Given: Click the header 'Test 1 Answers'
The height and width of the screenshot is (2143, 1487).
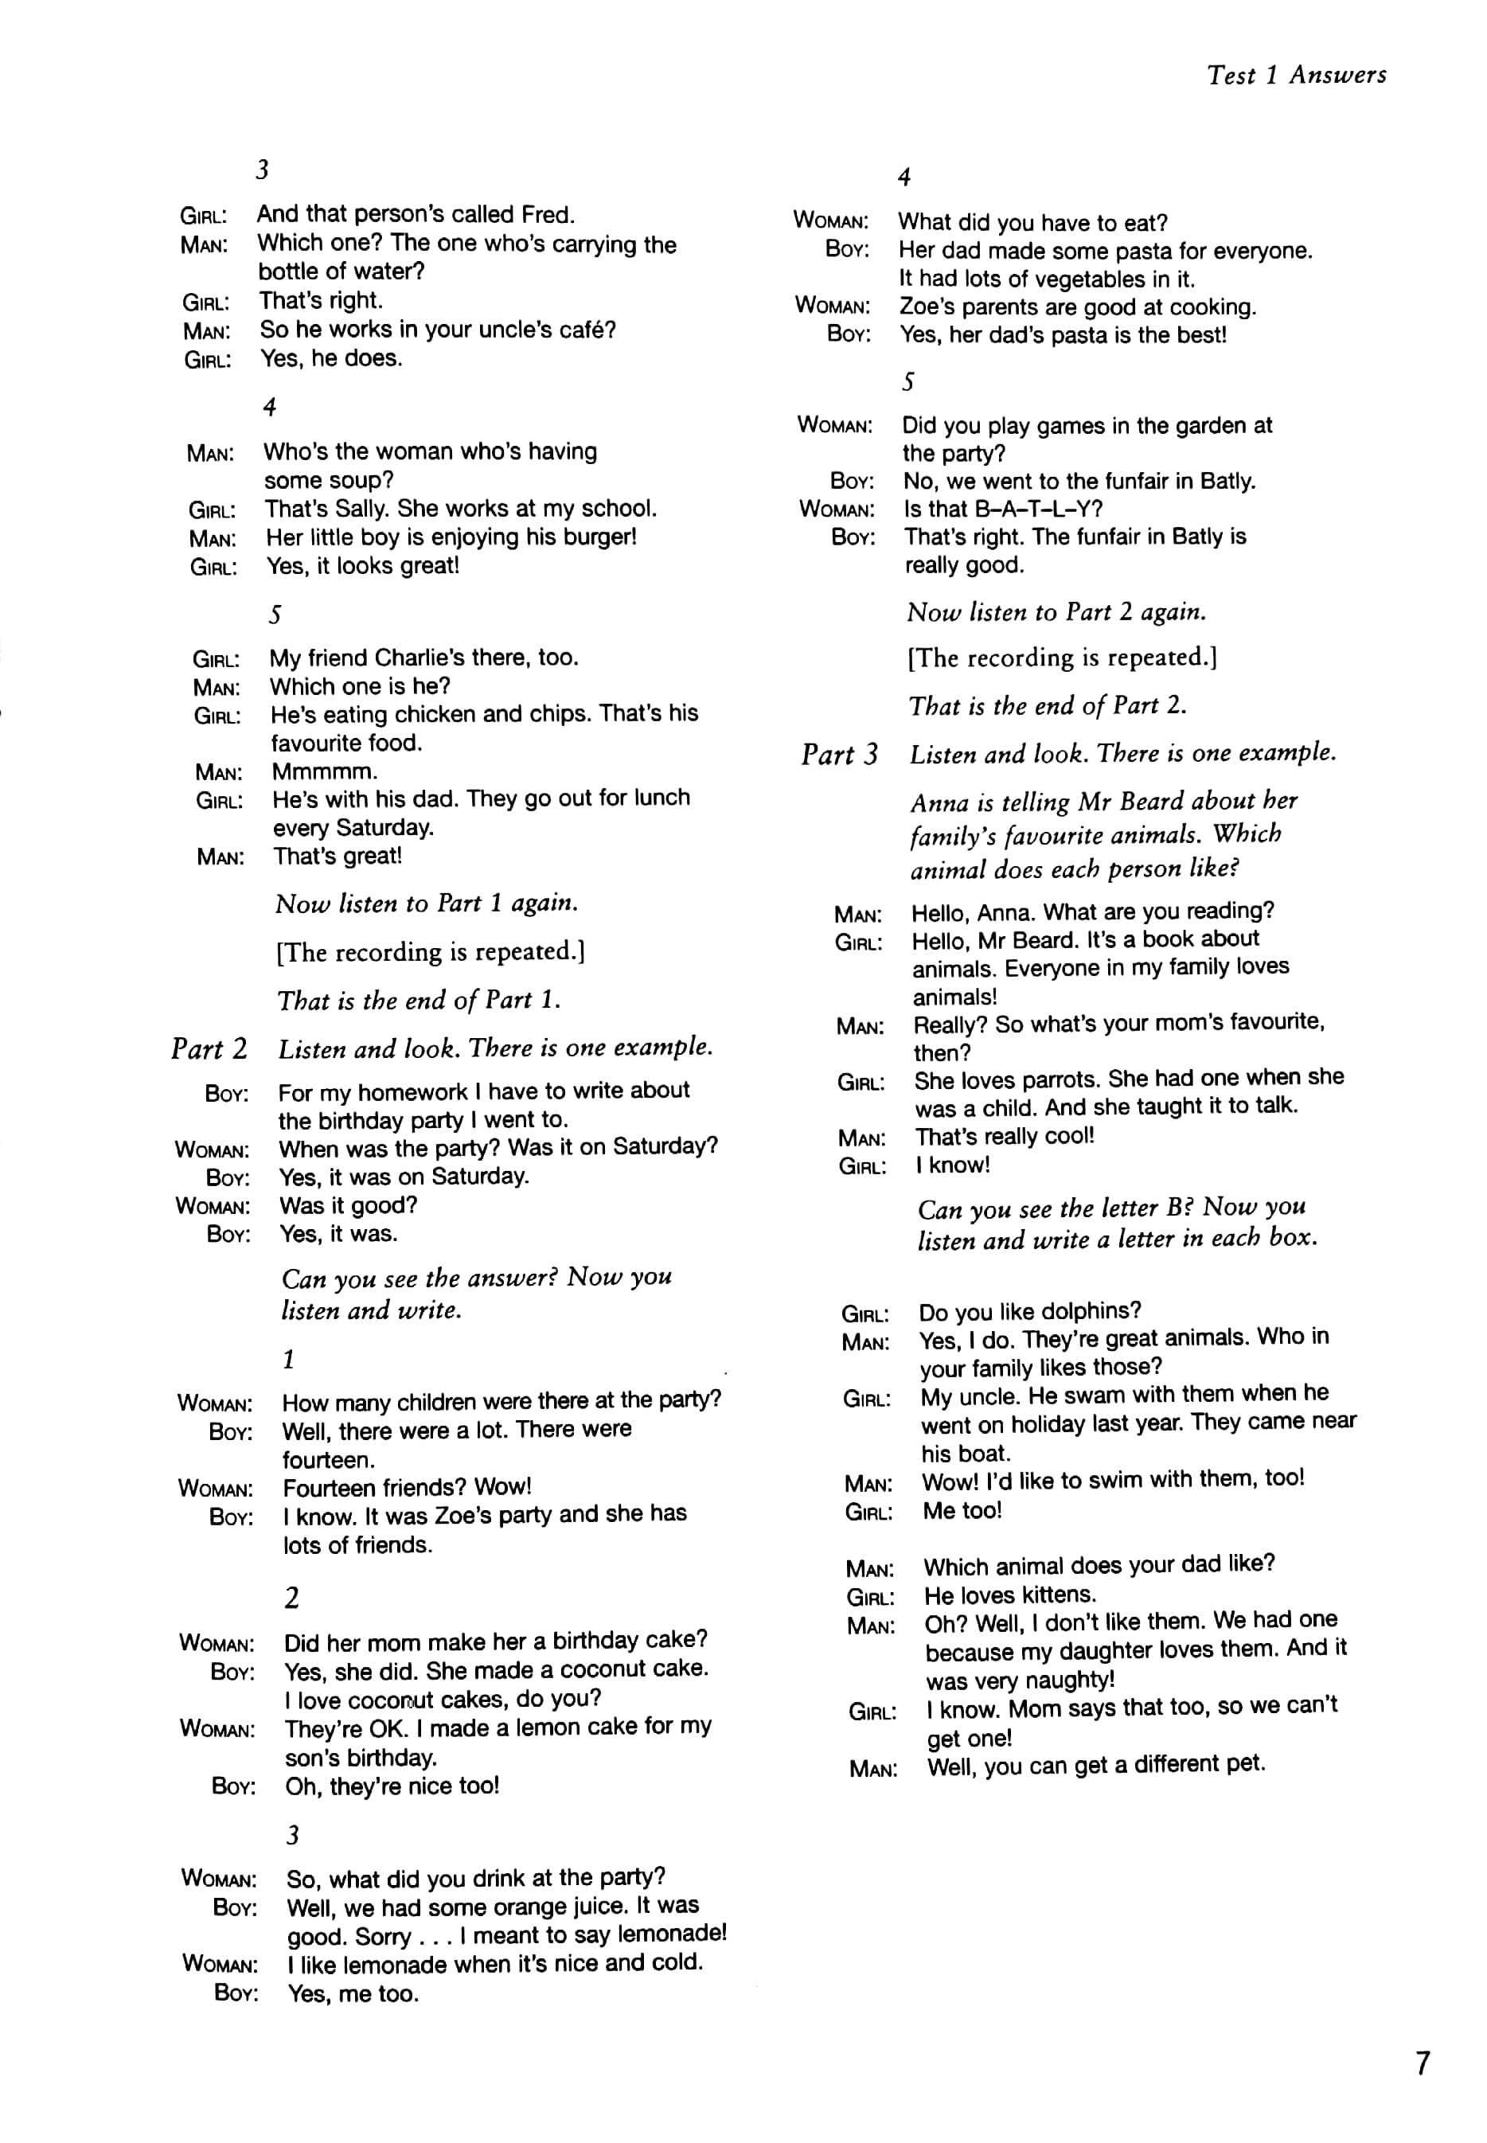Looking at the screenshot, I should coord(1296,76).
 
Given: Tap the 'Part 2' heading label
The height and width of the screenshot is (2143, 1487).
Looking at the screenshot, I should coord(209,1049).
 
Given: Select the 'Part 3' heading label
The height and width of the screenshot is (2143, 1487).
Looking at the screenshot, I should coord(840,754).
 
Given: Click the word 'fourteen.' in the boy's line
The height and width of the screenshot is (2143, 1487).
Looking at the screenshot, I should coord(328,1459).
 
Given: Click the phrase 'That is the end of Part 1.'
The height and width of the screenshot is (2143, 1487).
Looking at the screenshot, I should coord(419,1000).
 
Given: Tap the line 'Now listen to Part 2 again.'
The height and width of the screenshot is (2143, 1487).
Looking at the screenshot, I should coord(1056,612).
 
